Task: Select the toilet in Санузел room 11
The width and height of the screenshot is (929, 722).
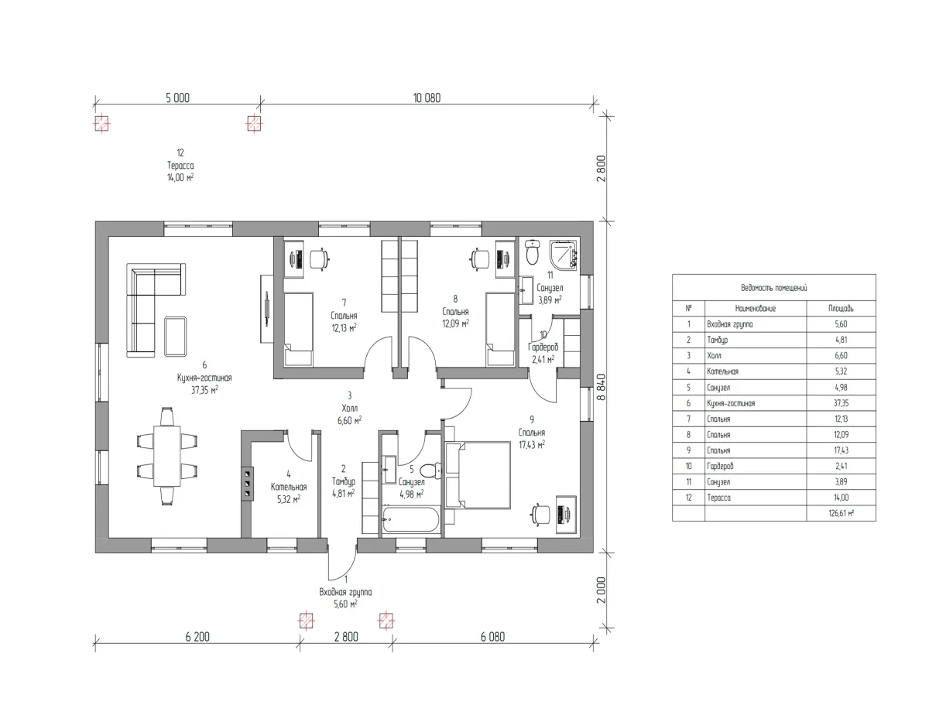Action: [x=532, y=251]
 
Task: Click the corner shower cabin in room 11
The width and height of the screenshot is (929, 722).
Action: [x=564, y=253]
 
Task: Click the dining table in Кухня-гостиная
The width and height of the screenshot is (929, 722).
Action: [x=166, y=456]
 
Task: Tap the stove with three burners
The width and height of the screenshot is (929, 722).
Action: [x=247, y=484]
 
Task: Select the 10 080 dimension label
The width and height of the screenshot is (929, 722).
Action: [x=427, y=98]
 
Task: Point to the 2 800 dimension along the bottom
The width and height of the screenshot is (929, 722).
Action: [x=346, y=638]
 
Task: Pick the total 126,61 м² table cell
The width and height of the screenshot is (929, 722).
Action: [x=841, y=512]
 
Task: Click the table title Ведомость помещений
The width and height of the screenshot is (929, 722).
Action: [x=773, y=287]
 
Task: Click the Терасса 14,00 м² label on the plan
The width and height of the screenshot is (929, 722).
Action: [x=180, y=166]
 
